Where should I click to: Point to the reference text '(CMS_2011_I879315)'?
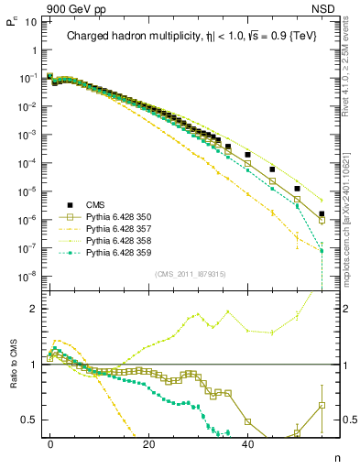pyautogui.click(x=185, y=273)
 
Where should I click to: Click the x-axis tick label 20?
pyautogui.click(x=148, y=443)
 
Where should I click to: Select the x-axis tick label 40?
pyautogui.click(x=247, y=443)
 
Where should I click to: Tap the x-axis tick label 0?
pyautogui.click(x=50, y=443)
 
